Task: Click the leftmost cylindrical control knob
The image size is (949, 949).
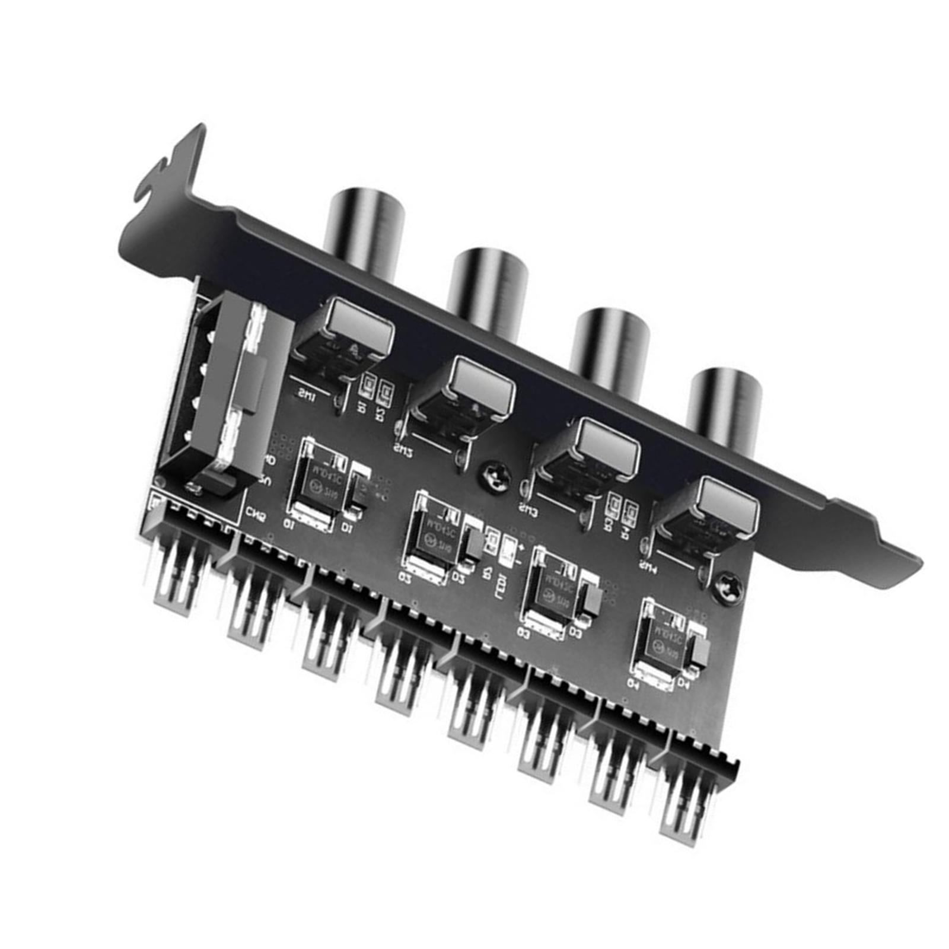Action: click(x=365, y=228)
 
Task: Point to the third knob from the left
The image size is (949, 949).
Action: click(x=611, y=347)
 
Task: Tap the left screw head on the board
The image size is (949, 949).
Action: click(x=494, y=474)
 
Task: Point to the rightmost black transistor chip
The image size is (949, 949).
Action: click(x=664, y=644)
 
